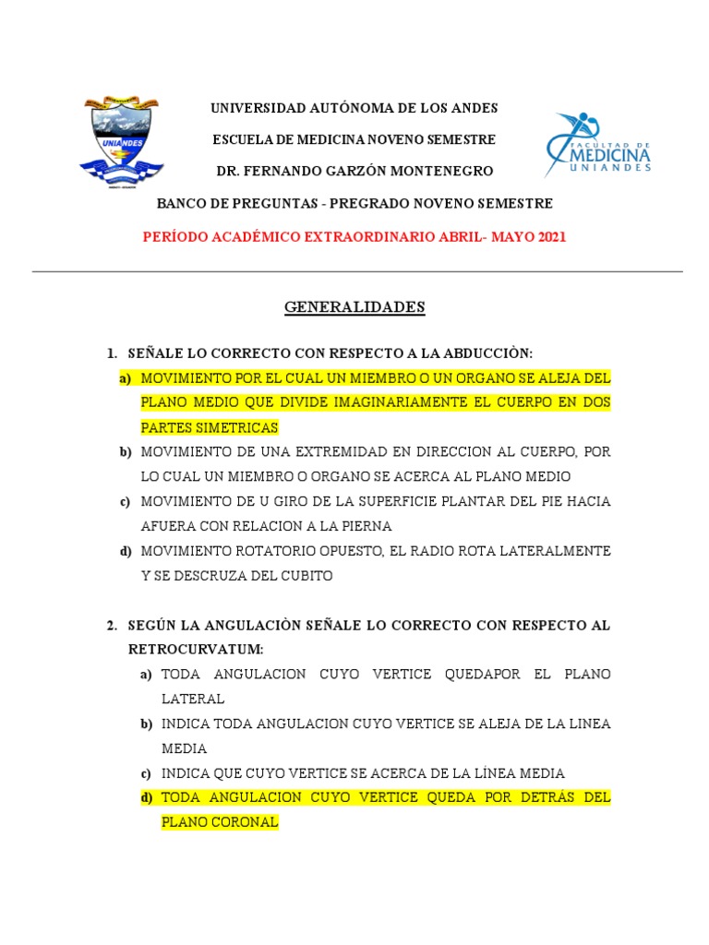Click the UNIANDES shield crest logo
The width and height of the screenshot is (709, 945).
click(122, 140)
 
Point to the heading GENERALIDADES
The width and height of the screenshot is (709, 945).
click(354, 307)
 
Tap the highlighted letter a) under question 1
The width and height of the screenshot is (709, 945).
click(125, 379)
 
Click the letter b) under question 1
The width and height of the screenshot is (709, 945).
click(125, 452)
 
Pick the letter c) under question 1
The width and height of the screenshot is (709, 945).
click(125, 502)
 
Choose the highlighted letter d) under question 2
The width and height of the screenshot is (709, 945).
click(146, 797)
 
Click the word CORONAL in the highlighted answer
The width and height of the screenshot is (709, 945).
click(246, 821)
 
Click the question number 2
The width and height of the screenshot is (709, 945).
click(111, 626)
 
